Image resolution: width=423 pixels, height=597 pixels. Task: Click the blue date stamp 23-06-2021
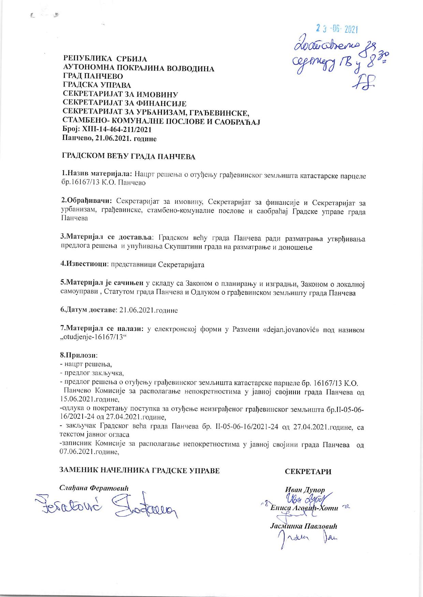[336, 30]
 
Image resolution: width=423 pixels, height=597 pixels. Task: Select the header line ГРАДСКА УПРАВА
[97, 85]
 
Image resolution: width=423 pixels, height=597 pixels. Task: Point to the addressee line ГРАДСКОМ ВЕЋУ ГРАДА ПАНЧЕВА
[129, 157]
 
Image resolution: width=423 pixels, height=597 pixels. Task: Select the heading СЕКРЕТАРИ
[308, 472]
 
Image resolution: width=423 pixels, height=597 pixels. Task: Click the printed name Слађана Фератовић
[94, 488]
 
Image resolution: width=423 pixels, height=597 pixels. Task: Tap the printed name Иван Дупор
[305, 490]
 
